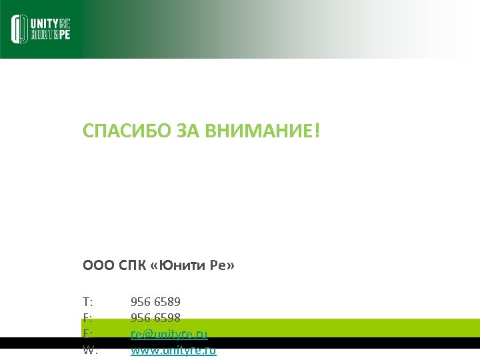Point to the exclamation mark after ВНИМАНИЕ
tap(317, 131)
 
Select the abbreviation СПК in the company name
tap(133, 267)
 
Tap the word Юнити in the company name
tap(180, 267)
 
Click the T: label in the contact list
tap(88, 302)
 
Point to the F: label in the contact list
tap(87, 318)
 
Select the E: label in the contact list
tap(87, 333)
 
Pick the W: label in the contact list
tap(90, 349)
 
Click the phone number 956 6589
tap(155, 302)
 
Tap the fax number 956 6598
tap(155, 318)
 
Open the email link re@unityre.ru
tap(169, 333)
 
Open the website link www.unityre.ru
tap(173, 349)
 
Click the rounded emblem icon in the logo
tap(19, 29)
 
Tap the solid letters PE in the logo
tap(63, 35)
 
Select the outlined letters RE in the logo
tap(65, 23)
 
